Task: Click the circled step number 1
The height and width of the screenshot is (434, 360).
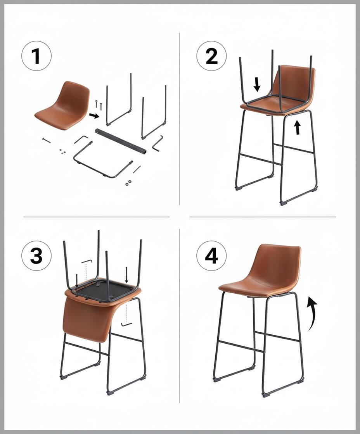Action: pyautogui.click(x=36, y=57)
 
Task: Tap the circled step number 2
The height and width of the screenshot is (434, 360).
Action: pyautogui.click(x=211, y=57)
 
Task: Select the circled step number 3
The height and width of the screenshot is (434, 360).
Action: pyautogui.click(x=36, y=256)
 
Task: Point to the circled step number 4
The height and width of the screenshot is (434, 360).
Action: pyautogui.click(x=211, y=256)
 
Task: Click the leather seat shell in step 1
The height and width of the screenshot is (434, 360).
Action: pyautogui.click(x=64, y=107)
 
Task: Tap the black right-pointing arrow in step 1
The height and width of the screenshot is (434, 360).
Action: pyautogui.click(x=93, y=115)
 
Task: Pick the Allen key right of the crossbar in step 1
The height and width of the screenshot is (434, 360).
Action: pyautogui.click(x=157, y=144)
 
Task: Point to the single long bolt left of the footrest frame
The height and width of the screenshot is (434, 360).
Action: pyautogui.click(x=47, y=140)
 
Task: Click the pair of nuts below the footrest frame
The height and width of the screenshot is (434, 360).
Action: pyautogui.click(x=128, y=182)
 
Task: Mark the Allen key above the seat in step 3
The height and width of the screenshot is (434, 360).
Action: pyautogui.click(x=87, y=261)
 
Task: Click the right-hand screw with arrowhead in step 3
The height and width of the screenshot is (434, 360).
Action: pyautogui.click(x=126, y=275)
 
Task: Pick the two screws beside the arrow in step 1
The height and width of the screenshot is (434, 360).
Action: pyautogui.click(x=99, y=104)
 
